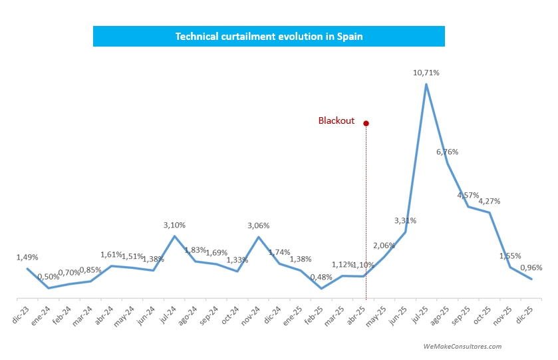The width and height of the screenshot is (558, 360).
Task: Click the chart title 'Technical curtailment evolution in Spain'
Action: tap(269, 37)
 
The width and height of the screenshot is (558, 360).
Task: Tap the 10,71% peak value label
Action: tap(426, 73)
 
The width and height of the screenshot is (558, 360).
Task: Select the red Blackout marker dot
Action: tap(366, 123)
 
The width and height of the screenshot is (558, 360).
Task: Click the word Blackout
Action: tap(336, 121)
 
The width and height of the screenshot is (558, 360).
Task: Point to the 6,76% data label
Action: tap(447, 152)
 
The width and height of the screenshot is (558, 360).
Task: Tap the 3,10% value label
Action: tap(174, 226)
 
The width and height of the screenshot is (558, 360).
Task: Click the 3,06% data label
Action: tap(258, 226)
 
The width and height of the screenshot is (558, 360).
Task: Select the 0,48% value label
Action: tap(321, 277)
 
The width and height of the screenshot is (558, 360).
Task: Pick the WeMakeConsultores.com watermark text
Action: tap(462, 346)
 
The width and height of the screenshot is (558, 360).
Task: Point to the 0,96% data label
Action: tap(531, 268)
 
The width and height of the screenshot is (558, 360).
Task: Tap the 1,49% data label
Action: tap(27, 257)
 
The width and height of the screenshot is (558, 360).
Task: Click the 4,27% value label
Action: tap(489, 201)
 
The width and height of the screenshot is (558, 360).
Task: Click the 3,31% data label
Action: tap(405, 220)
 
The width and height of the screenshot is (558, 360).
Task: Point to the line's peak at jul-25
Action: tap(426, 85)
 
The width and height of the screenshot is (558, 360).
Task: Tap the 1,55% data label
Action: tap(509, 256)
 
